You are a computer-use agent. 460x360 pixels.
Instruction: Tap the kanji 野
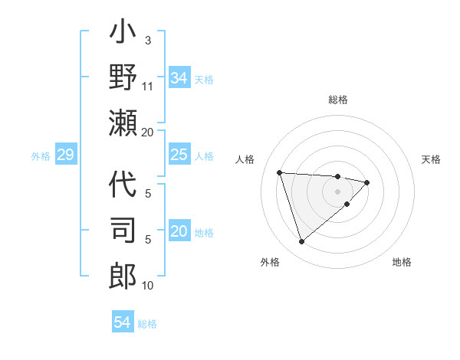pos(123,78)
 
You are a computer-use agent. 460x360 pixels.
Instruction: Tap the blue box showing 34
pos(179,78)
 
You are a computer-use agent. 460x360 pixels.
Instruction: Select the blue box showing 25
pos(179,155)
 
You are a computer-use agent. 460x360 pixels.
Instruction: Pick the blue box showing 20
pos(179,232)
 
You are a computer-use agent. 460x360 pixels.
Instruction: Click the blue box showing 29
pos(65,155)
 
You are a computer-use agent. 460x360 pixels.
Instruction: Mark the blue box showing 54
pos(122,322)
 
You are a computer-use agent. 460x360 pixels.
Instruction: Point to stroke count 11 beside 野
pos(148,86)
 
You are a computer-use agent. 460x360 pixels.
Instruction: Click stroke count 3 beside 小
pos(147,40)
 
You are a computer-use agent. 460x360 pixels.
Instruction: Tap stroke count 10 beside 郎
pos(148,286)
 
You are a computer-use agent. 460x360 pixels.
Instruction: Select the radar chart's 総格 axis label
pos(337,100)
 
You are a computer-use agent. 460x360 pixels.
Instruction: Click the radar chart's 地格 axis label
pos(402,262)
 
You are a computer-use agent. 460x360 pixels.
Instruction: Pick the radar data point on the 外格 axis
pos(301,242)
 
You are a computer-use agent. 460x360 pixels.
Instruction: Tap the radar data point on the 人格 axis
pos(280,172)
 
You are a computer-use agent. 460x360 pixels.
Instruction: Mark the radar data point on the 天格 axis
pos(367,182)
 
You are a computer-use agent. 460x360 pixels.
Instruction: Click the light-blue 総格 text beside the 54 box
pos(147,323)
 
